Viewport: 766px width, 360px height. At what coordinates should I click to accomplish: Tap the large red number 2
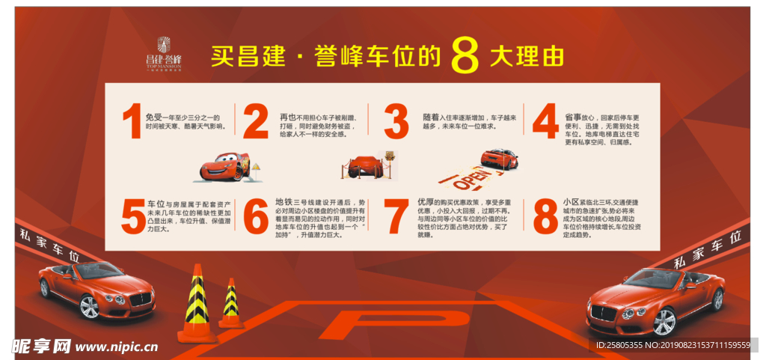tap(256, 122)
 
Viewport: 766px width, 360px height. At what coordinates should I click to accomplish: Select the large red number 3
tap(396, 122)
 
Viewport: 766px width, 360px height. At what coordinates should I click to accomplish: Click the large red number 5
tap(133, 217)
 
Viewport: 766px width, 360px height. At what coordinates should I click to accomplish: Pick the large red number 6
tap(256, 218)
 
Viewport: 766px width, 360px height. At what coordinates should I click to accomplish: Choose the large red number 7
tap(396, 218)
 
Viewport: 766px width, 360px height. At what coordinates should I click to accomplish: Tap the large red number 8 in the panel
tap(545, 218)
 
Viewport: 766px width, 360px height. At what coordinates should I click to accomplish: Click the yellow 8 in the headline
tap(465, 56)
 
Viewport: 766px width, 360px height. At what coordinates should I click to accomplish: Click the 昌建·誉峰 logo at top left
tap(164, 52)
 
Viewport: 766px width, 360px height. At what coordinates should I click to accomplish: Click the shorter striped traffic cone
tap(230, 303)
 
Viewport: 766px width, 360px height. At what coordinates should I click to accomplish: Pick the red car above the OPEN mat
tap(500, 158)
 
